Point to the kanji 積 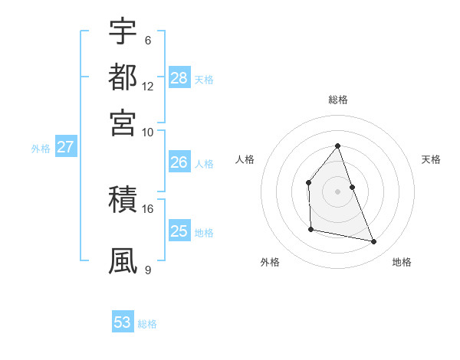[123, 201]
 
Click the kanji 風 [123, 260]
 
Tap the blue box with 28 [179, 77]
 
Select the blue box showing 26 [179, 162]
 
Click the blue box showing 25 [179, 231]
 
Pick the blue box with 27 [65, 147]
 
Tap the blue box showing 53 [123, 322]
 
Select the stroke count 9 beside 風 [147, 269]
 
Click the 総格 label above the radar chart [338, 100]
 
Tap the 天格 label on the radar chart [432, 159]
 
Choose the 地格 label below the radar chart [402, 262]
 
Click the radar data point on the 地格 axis [374, 241]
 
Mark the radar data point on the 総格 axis [338, 146]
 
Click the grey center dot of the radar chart [338, 191]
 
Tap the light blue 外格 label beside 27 [40, 149]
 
